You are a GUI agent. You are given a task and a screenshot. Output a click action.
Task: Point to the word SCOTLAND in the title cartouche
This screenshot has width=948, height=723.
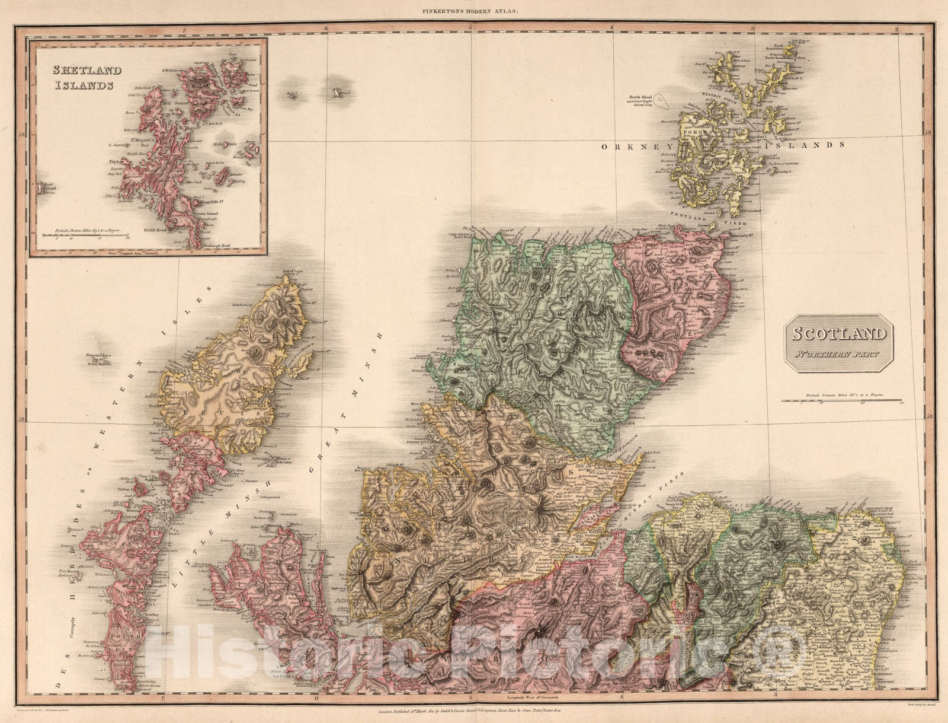[840, 334]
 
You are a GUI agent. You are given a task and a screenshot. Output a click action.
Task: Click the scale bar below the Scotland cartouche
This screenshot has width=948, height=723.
[841, 402]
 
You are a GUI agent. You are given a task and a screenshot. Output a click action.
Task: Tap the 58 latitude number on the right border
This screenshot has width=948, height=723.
[928, 418]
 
